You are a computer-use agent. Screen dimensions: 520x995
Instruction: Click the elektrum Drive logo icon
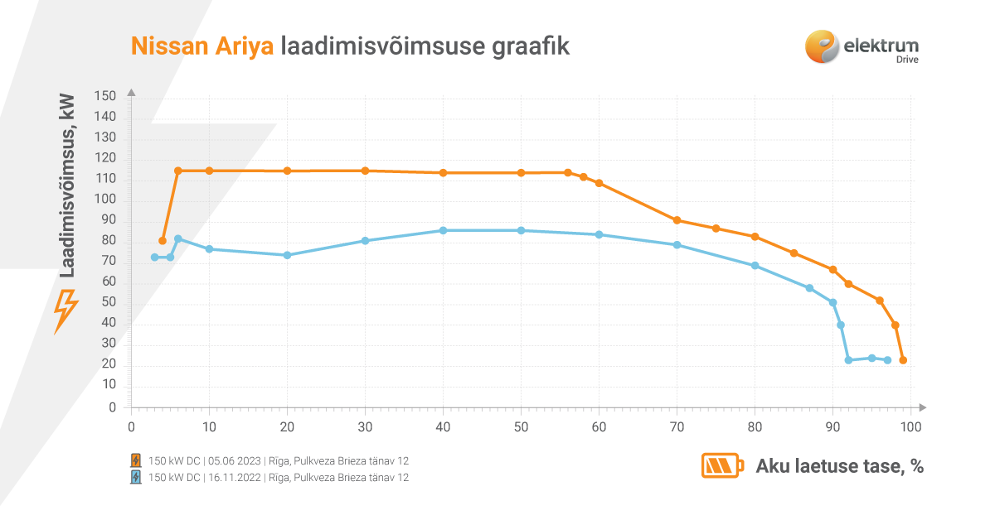(821, 46)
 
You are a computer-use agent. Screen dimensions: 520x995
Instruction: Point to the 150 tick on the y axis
(105, 97)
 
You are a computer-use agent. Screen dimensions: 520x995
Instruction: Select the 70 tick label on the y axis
(109, 262)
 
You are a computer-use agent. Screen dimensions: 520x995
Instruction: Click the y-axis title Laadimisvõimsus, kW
(67, 185)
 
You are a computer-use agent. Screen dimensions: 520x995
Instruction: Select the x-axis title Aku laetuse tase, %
(839, 466)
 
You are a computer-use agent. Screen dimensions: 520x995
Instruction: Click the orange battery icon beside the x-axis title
(722, 466)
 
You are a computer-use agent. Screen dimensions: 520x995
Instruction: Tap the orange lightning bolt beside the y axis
(66, 311)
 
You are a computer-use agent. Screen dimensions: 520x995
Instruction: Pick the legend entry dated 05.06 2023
(279, 460)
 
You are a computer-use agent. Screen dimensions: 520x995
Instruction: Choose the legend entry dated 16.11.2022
(279, 478)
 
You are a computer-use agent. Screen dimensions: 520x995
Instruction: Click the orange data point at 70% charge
(677, 220)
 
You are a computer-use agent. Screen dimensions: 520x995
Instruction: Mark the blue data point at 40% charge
(443, 230)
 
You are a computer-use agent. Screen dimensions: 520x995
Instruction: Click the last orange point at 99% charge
(903, 360)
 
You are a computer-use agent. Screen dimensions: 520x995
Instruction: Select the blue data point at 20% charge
(287, 255)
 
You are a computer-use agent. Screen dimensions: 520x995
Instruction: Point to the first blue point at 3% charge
(154, 258)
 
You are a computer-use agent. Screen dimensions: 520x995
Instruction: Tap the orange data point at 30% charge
(365, 171)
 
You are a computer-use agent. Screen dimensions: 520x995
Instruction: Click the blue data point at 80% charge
(755, 266)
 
